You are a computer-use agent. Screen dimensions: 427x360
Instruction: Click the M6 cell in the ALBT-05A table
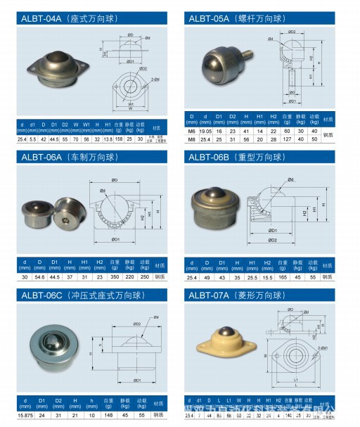pyautogui.click(x=191, y=131)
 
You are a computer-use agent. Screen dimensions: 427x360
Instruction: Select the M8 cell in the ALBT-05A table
pyautogui.click(x=191, y=139)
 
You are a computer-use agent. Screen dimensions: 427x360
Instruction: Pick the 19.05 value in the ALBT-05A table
pyautogui.click(x=205, y=131)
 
